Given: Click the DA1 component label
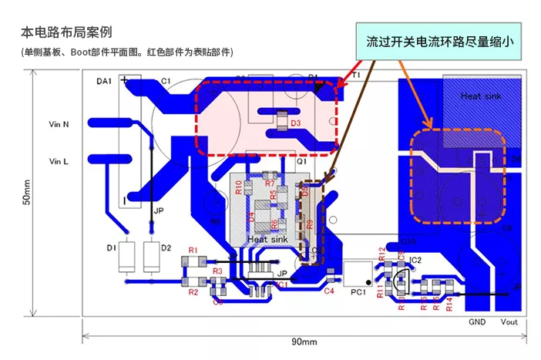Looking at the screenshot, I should pos(104,80).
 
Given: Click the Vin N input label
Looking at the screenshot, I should pos(59,123).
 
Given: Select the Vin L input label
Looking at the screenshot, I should pos(59,161).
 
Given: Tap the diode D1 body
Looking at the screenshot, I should pos(127,257).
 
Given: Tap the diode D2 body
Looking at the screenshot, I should pos(150,257).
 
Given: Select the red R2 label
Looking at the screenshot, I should pos(193,293).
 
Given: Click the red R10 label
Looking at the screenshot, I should pos(239,187).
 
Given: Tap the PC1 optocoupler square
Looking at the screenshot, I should pos(357,275).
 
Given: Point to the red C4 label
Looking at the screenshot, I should pos(329,291).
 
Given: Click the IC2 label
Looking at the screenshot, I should pos(415,261).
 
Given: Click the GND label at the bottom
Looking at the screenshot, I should pos(477,321).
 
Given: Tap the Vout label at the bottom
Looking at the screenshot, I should pos(509,321).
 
